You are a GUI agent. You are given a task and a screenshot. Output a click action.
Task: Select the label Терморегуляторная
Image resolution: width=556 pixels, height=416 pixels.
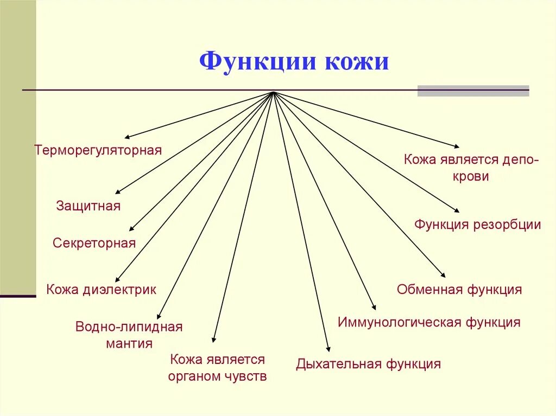tap(98, 150)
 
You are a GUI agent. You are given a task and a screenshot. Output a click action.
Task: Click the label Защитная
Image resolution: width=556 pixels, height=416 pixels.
tap(89, 206)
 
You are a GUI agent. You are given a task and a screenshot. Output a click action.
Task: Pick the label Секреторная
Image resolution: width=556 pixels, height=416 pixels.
tap(94, 243)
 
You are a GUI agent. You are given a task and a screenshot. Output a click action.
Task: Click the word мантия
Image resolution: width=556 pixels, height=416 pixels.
tap(130, 343)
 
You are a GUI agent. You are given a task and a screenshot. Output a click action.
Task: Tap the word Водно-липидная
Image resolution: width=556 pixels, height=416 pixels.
tap(129, 327)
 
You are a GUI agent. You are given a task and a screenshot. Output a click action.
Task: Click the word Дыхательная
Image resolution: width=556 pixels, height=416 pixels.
tap(339, 364)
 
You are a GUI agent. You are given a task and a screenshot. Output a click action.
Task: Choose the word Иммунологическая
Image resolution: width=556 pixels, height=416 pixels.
tap(400, 323)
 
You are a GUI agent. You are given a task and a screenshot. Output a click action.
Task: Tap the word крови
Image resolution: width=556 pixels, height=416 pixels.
tap(471, 176)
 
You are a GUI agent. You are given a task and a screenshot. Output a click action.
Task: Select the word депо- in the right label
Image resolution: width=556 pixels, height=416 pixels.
tap(520, 160)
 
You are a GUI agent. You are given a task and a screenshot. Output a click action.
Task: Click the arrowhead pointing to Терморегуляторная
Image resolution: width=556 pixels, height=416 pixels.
tap(127, 137)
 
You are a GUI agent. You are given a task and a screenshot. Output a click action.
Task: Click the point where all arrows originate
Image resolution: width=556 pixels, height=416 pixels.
tap(273, 92)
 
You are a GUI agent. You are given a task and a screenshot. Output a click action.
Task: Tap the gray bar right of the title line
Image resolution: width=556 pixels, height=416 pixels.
tap(473, 91)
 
